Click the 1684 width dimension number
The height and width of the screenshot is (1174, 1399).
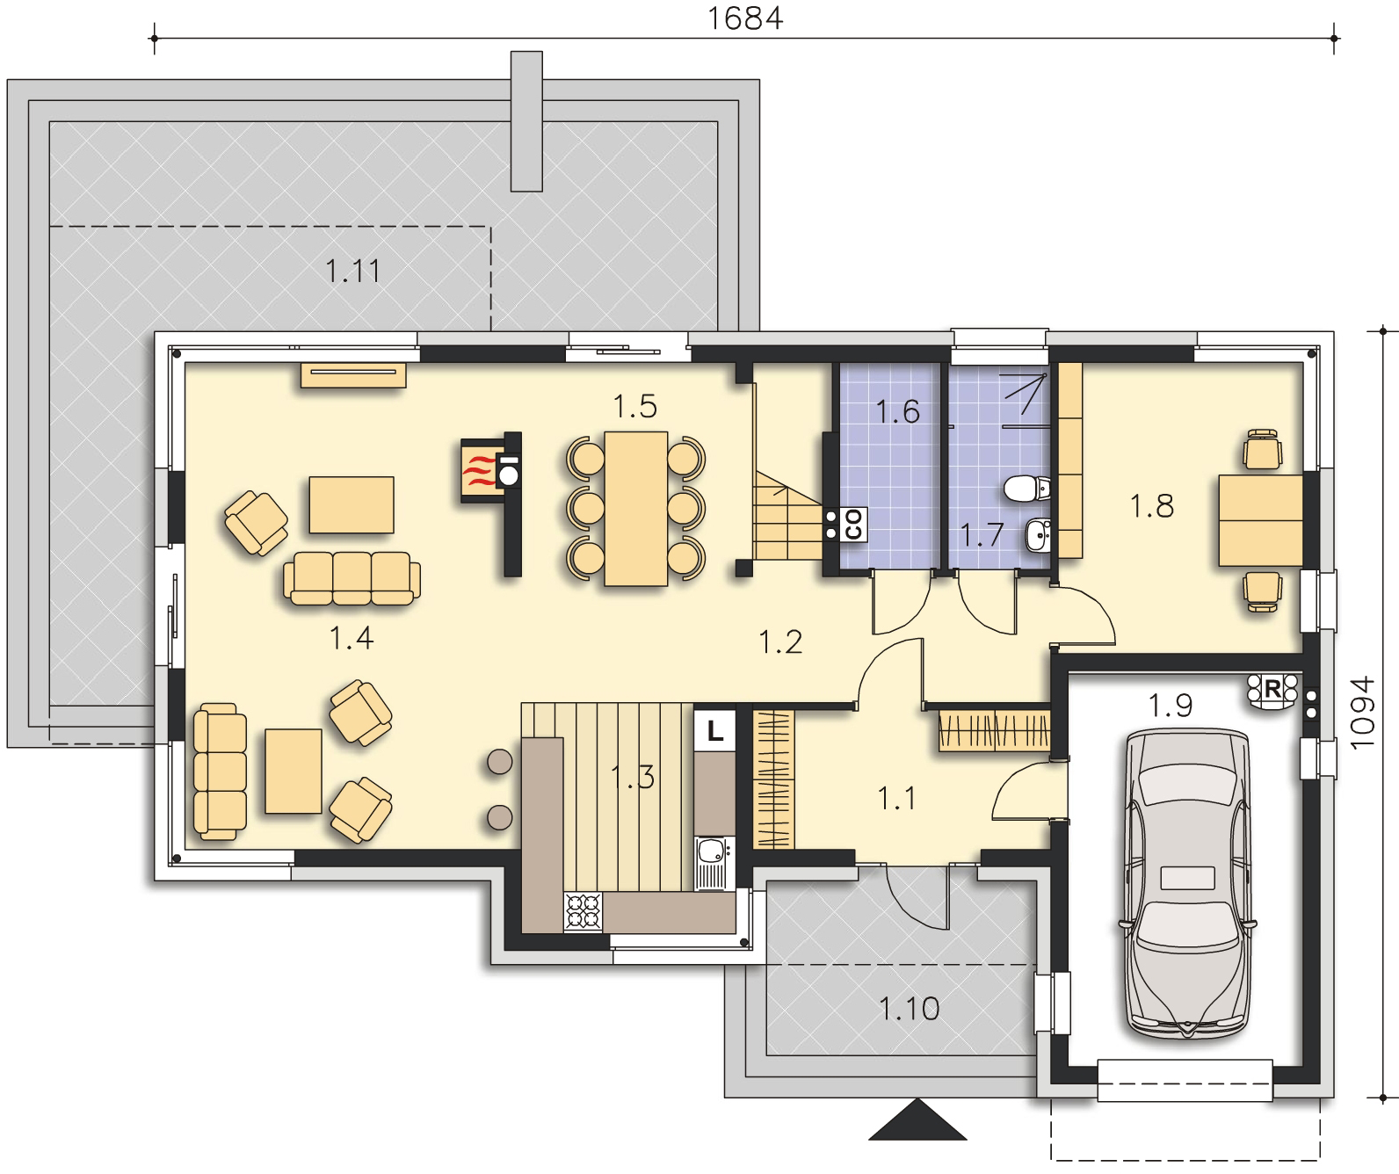tap(745, 18)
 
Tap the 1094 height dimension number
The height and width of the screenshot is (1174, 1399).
tap(1362, 713)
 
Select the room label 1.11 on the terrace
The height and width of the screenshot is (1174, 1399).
tap(352, 271)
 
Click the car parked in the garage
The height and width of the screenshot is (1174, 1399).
tap(1187, 884)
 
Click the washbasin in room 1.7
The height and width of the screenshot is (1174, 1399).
tap(1038, 535)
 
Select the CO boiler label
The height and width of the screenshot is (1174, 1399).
tap(853, 525)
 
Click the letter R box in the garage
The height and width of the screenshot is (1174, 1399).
tap(1272, 688)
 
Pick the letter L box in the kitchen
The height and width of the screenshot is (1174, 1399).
tap(715, 730)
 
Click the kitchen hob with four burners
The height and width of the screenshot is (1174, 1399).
tap(583, 911)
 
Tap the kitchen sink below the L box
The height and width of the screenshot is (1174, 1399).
tap(714, 863)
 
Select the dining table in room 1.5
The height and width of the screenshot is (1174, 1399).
tap(636, 510)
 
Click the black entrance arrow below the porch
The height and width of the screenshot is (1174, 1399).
tap(917, 1120)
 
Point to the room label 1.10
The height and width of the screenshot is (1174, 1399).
tap(910, 1009)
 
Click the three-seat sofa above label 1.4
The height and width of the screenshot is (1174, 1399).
tap(352, 579)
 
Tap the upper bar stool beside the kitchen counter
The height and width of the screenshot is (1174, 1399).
tap(500, 762)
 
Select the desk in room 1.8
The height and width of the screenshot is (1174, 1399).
tap(1260, 521)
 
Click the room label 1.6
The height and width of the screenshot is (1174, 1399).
tap(897, 411)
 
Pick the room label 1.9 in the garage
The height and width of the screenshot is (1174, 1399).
tap(1171, 705)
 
